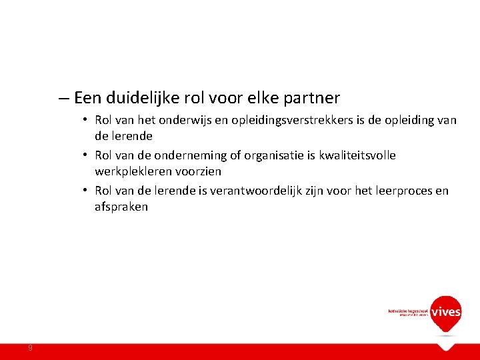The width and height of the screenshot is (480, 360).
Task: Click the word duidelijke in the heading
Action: pyautogui.click(x=139, y=98)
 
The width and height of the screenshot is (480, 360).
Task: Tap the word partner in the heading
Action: pyautogui.click(x=312, y=98)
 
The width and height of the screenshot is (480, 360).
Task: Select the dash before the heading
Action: pyautogui.click(x=63, y=98)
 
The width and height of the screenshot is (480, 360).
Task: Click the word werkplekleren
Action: pyautogui.click(x=133, y=171)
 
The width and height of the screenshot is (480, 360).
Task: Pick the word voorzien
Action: pyautogui.click(x=199, y=171)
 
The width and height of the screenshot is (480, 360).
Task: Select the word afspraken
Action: pyautogui.click(x=121, y=207)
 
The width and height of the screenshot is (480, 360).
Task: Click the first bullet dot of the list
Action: pyautogui.click(x=87, y=121)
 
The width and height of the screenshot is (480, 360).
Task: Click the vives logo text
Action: pyautogui.click(x=445, y=312)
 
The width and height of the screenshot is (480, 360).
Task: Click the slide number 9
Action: pyautogui.click(x=30, y=348)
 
